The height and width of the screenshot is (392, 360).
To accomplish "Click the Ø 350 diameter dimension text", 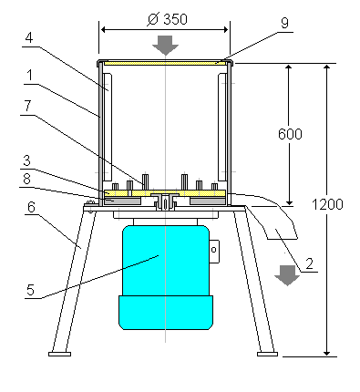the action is pyautogui.click(x=168, y=19).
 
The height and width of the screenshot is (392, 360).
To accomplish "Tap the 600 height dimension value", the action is pyautogui.click(x=290, y=134).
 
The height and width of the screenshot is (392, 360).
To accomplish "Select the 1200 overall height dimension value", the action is pyautogui.click(x=327, y=204).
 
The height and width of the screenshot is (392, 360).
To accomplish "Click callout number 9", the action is pyautogui.click(x=284, y=23).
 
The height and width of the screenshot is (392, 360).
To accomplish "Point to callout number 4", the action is pyautogui.click(x=29, y=38).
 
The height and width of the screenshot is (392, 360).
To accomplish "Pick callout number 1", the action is pyautogui.click(x=30, y=75).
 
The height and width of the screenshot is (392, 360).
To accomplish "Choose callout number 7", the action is pyautogui.click(x=27, y=106).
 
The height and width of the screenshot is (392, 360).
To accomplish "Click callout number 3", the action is pyautogui.click(x=27, y=160).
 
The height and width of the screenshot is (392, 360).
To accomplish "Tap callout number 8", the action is pyautogui.click(x=27, y=179).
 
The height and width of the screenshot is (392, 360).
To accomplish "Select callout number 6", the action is pyautogui.click(x=31, y=207).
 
